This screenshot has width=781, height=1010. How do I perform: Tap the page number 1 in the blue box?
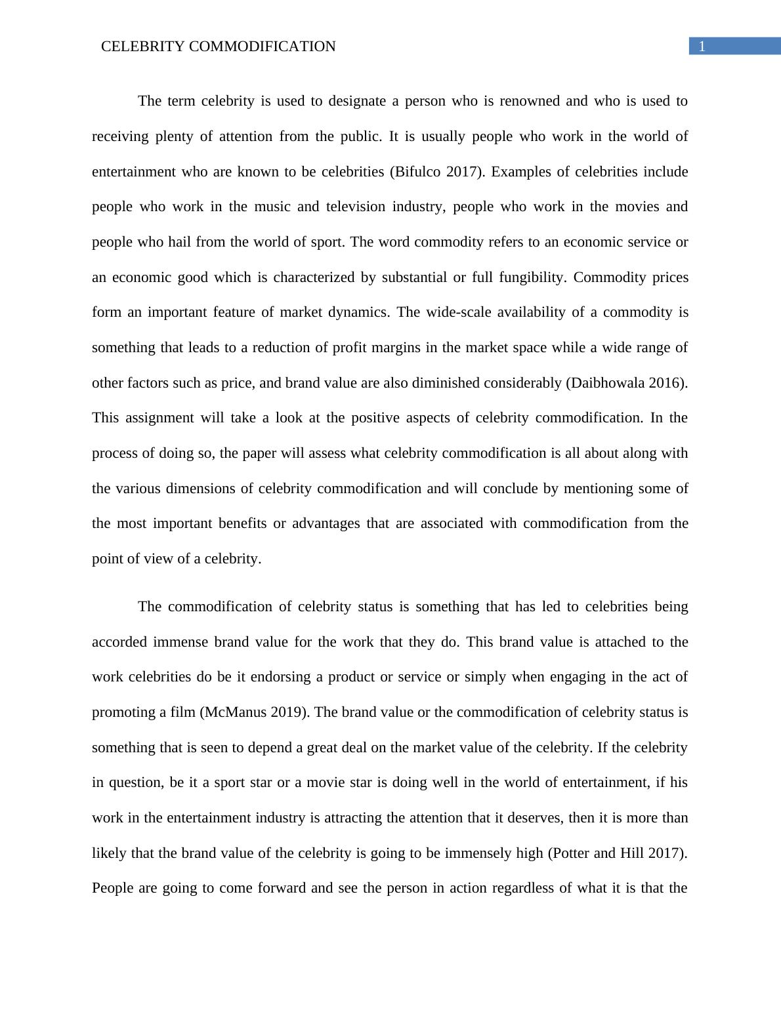(x=702, y=47)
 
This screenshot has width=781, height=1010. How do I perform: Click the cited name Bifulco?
(x=417, y=172)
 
